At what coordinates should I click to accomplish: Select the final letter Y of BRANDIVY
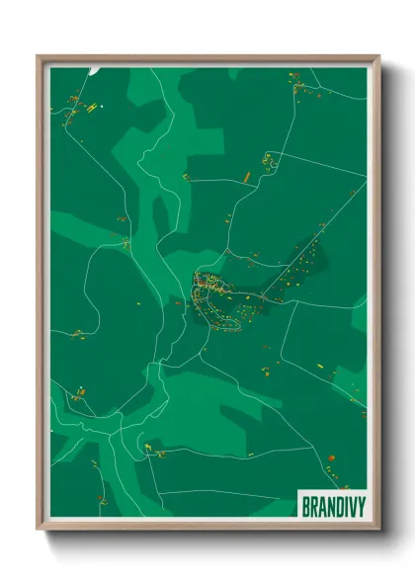tap(361, 505)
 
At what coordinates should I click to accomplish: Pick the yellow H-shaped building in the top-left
tap(91, 107)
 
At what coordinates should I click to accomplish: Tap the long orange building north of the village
tap(246, 177)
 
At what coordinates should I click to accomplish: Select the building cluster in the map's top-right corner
tap(298, 87)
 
